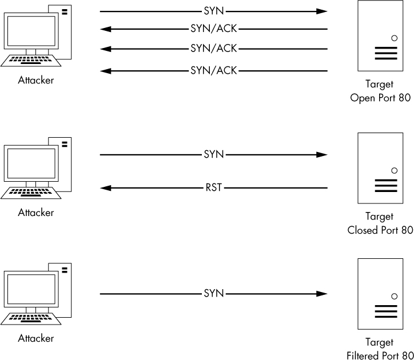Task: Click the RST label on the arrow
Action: [x=214, y=187]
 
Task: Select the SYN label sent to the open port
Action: [x=214, y=11]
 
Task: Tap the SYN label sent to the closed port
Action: [x=214, y=155]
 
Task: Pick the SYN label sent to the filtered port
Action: [x=214, y=294]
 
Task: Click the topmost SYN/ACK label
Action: [x=214, y=28]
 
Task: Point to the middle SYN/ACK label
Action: [x=214, y=49]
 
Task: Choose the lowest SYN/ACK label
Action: [x=214, y=71]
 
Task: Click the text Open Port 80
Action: [x=380, y=98]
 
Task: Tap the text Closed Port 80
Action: [x=380, y=230]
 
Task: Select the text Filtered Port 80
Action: [x=380, y=355]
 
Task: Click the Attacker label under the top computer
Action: [x=35, y=81]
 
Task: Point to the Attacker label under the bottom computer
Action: [x=35, y=338]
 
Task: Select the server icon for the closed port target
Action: [x=379, y=168]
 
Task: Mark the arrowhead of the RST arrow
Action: [x=104, y=187]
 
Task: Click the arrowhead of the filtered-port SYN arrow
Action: [x=323, y=294]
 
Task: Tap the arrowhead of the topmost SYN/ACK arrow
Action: [x=104, y=28]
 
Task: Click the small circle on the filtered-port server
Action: [x=394, y=297]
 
